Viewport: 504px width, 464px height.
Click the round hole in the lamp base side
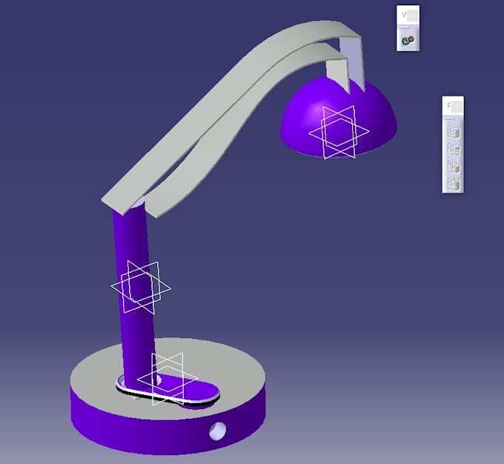[x=218, y=429]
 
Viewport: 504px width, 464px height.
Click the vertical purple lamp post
[x=133, y=245]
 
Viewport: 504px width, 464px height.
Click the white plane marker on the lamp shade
[x=339, y=132]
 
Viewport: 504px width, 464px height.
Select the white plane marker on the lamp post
[x=141, y=287]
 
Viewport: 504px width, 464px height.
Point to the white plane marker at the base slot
[x=167, y=378]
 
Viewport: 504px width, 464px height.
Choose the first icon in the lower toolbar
[x=454, y=133]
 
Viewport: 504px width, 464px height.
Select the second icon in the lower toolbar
[x=454, y=150]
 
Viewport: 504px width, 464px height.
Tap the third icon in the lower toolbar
[x=454, y=166]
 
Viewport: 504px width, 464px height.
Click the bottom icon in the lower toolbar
[x=454, y=182]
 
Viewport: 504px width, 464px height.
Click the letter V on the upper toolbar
[x=404, y=14]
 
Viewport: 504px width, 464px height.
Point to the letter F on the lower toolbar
[x=448, y=106]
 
